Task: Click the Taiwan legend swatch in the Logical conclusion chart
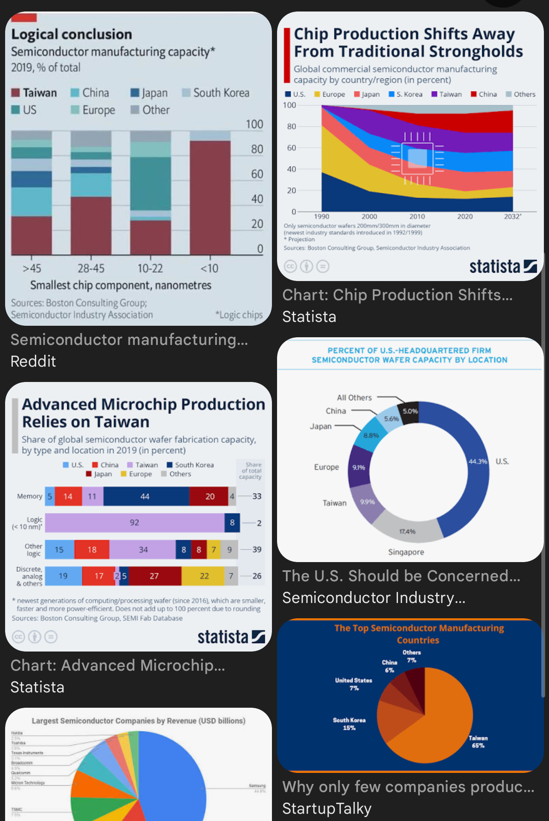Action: click(15, 93)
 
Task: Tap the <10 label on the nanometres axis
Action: click(209, 268)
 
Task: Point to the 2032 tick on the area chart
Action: click(512, 216)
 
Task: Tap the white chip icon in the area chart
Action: click(417, 158)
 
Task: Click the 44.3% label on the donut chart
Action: click(478, 462)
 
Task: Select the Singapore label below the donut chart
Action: click(406, 552)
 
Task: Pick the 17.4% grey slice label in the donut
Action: click(407, 531)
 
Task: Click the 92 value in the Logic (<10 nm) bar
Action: click(134, 522)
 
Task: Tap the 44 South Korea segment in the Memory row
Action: click(145, 497)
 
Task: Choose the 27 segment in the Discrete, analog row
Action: click(154, 576)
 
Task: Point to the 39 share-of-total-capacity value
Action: click(257, 549)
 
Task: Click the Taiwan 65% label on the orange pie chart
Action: click(478, 742)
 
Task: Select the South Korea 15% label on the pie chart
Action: click(349, 724)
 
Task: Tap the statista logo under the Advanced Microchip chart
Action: click(231, 637)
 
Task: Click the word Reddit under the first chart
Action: click(33, 361)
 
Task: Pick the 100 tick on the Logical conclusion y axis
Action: click(254, 124)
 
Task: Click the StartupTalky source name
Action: click(327, 808)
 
